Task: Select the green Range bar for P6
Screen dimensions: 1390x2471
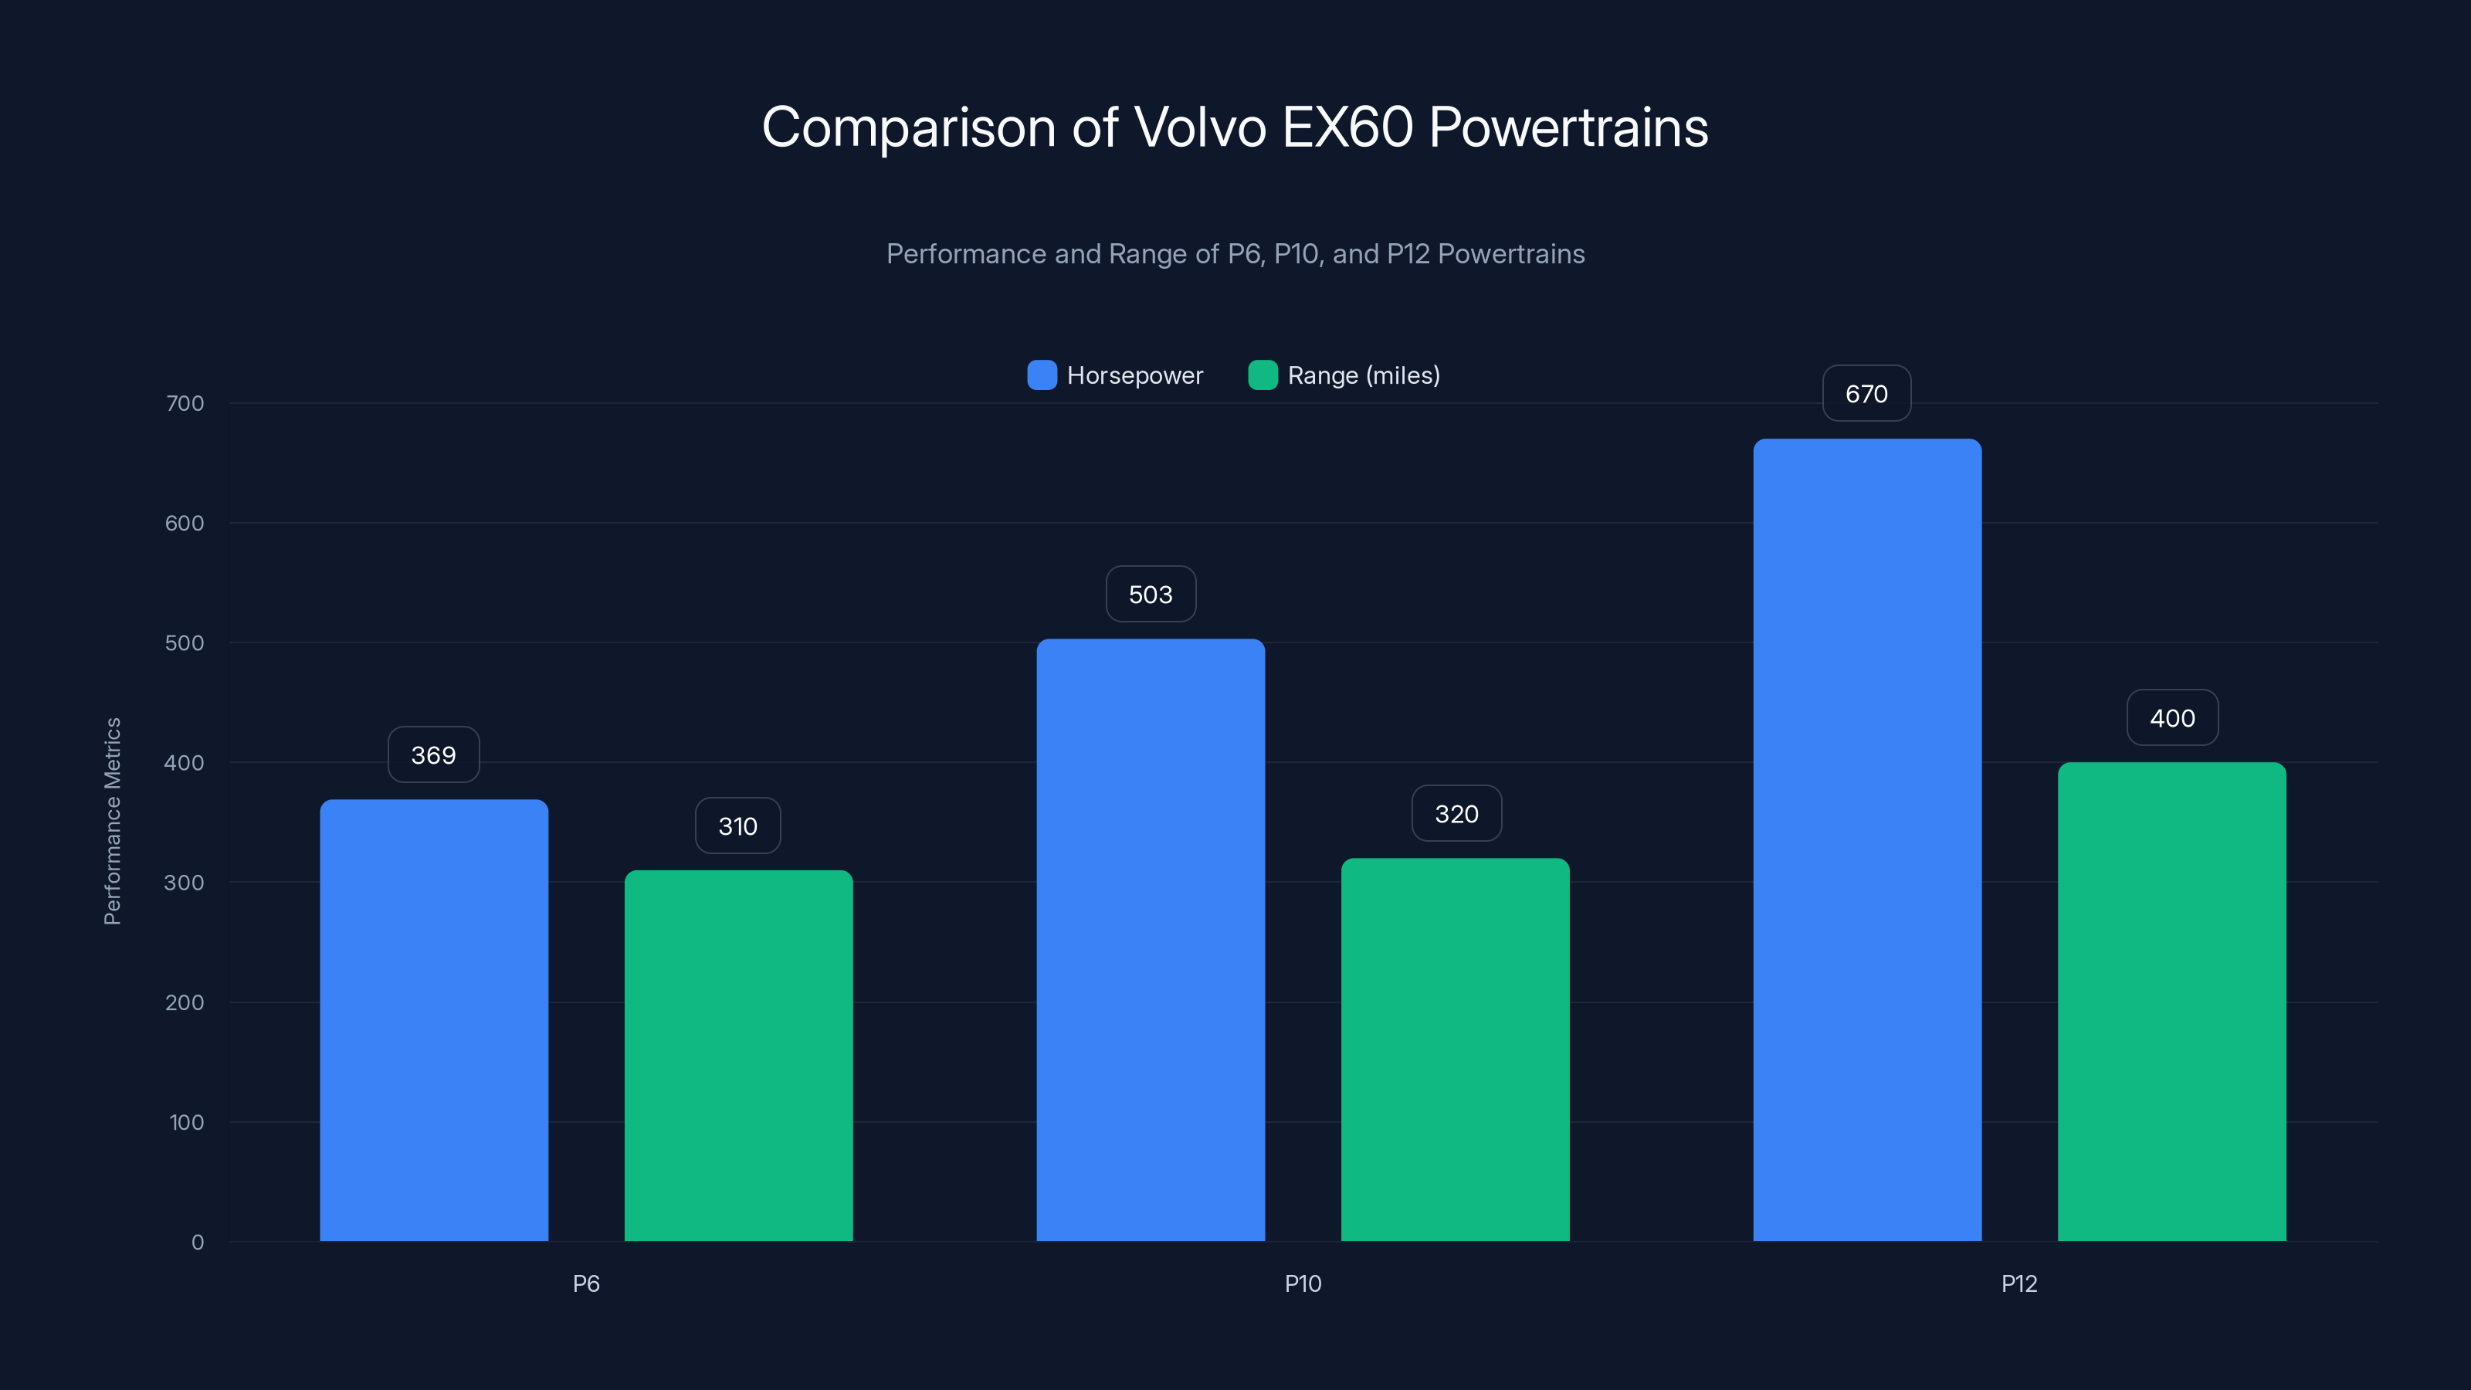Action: [739, 1055]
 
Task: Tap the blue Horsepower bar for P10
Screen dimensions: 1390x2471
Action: [1150, 940]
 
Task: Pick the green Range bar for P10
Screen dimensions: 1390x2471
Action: [1455, 1049]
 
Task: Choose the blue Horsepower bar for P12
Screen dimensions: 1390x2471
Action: [1866, 839]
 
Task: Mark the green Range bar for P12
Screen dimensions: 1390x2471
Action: [2171, 1002]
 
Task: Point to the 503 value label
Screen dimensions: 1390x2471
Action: [1150, 594]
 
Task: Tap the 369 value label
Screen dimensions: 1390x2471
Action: [433, 755]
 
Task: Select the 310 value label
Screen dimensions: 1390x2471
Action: [737, 826]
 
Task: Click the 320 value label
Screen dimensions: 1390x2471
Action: [1456, 813]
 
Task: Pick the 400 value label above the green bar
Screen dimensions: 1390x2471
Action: [2171, 717]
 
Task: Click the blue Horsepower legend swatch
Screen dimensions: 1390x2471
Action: [1042, 375]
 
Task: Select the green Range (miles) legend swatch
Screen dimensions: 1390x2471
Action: [1263, 375]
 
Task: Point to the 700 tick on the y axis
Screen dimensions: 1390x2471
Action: [185, 403]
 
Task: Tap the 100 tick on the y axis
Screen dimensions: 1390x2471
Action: [186, 1121]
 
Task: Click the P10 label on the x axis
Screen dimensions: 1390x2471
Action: [1303, 1283]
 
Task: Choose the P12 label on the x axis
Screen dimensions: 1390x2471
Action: [2018, 1283]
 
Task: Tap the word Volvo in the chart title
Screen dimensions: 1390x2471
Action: [1199, 127]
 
